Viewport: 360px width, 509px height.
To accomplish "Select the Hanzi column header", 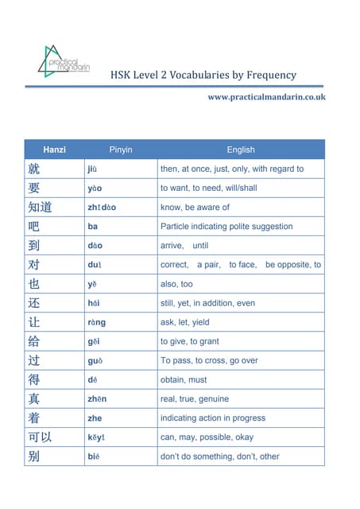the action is (x=55, y=150).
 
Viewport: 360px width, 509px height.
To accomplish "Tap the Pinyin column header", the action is (x=121, y=150).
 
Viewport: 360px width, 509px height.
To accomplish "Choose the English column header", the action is (x=240, y=150).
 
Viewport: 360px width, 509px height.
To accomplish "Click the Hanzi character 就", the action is (x=33, y=169).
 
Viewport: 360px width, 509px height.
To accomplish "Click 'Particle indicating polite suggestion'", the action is (x=226, y=227).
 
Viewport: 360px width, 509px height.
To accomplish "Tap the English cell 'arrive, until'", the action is (x=184, y=246).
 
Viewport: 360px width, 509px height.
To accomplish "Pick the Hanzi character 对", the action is (x=33, y=265).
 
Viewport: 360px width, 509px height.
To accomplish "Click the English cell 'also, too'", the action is (x=176, y=284).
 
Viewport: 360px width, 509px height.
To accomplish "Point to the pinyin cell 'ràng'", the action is (x=96, y=322).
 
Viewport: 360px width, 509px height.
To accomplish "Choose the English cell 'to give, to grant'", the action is (x=190, y=341).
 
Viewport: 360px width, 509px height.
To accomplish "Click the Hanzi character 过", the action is (x=33, y=360).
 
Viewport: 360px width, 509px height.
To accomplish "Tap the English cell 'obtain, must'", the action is (x=184, y=379).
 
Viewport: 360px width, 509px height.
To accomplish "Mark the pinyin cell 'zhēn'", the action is (x=97, y=398).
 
